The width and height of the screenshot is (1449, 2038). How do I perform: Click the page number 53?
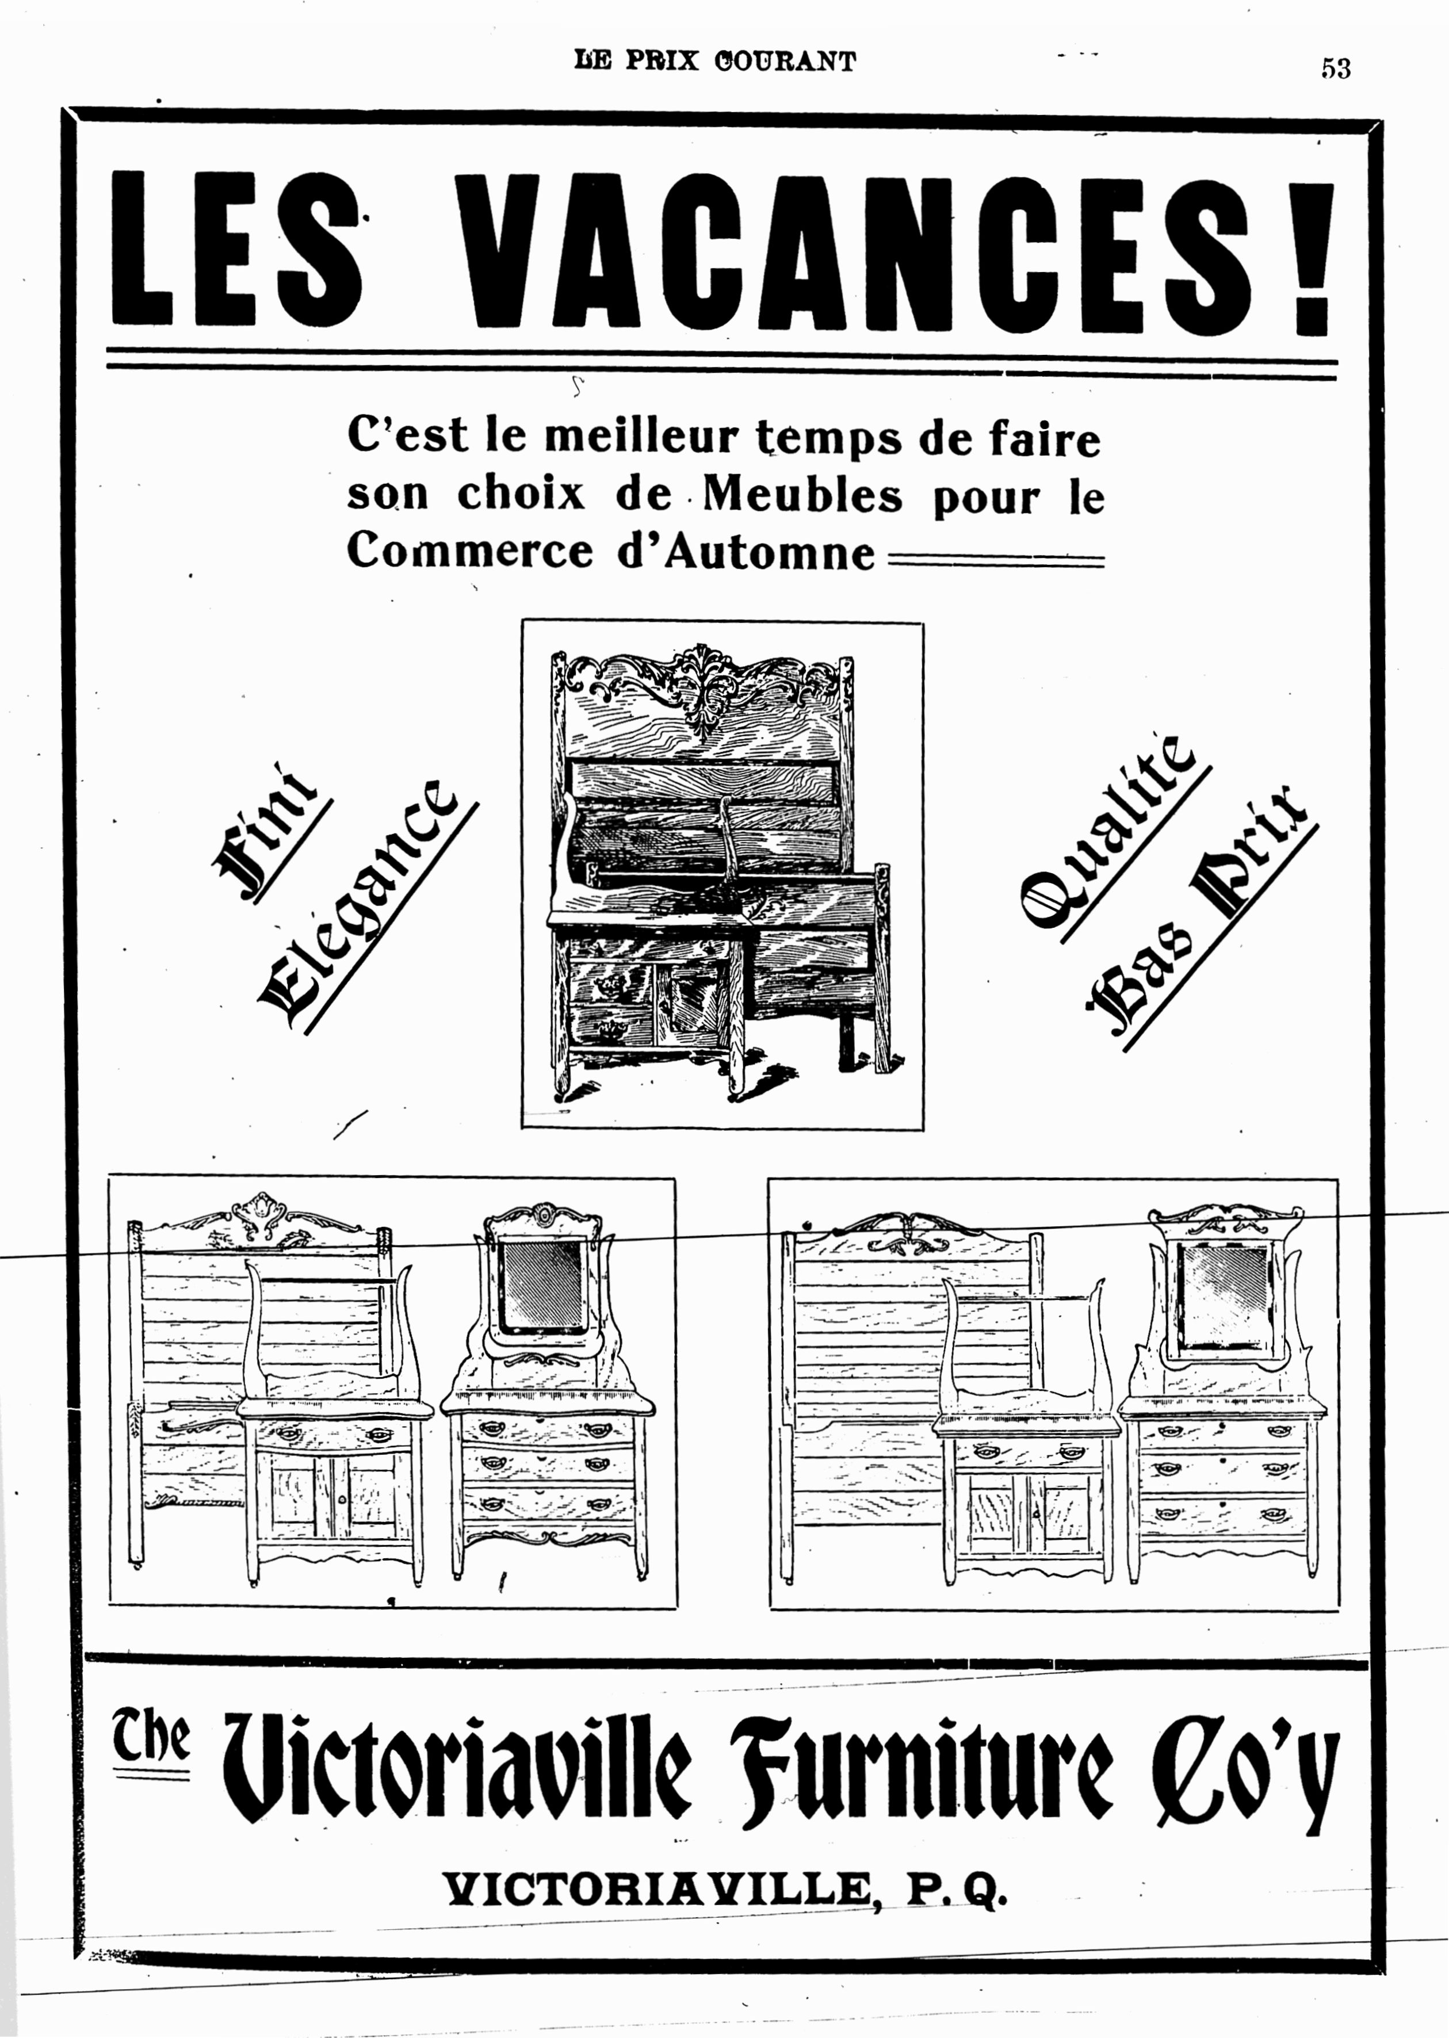(x=1336, y=68)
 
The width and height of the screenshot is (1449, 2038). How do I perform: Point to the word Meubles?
(x=802, y=496)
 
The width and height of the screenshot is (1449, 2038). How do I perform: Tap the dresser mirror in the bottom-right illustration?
(x=1224, y=1295)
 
